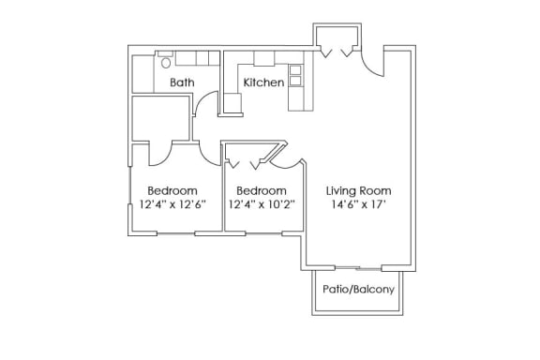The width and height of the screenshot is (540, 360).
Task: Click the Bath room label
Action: (182, 82)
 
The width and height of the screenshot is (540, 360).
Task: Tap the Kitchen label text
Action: (263, 82)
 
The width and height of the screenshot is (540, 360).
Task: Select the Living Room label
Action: (358, 191)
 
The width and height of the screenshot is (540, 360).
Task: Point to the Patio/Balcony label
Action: (358, 289)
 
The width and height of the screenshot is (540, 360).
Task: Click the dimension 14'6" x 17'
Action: (358, 204)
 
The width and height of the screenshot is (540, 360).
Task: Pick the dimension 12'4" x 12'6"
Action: (172, 204)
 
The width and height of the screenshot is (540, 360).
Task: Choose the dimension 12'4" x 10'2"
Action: (262, 204)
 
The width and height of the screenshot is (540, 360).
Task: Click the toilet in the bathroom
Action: (166, 60)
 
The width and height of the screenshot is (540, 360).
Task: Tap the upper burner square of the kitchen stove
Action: (295, 70)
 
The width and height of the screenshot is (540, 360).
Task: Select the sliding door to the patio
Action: (358, 268)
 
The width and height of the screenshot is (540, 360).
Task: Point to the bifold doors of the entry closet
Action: (337, 52)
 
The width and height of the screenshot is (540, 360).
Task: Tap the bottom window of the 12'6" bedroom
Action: (176, 233)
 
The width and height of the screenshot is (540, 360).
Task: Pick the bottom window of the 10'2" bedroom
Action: (263, 233)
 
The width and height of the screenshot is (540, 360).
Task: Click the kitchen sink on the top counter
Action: (264, 58)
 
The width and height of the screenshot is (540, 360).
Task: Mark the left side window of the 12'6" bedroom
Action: (129, 186)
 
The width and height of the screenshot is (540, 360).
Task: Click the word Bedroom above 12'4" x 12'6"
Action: (172, 191)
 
